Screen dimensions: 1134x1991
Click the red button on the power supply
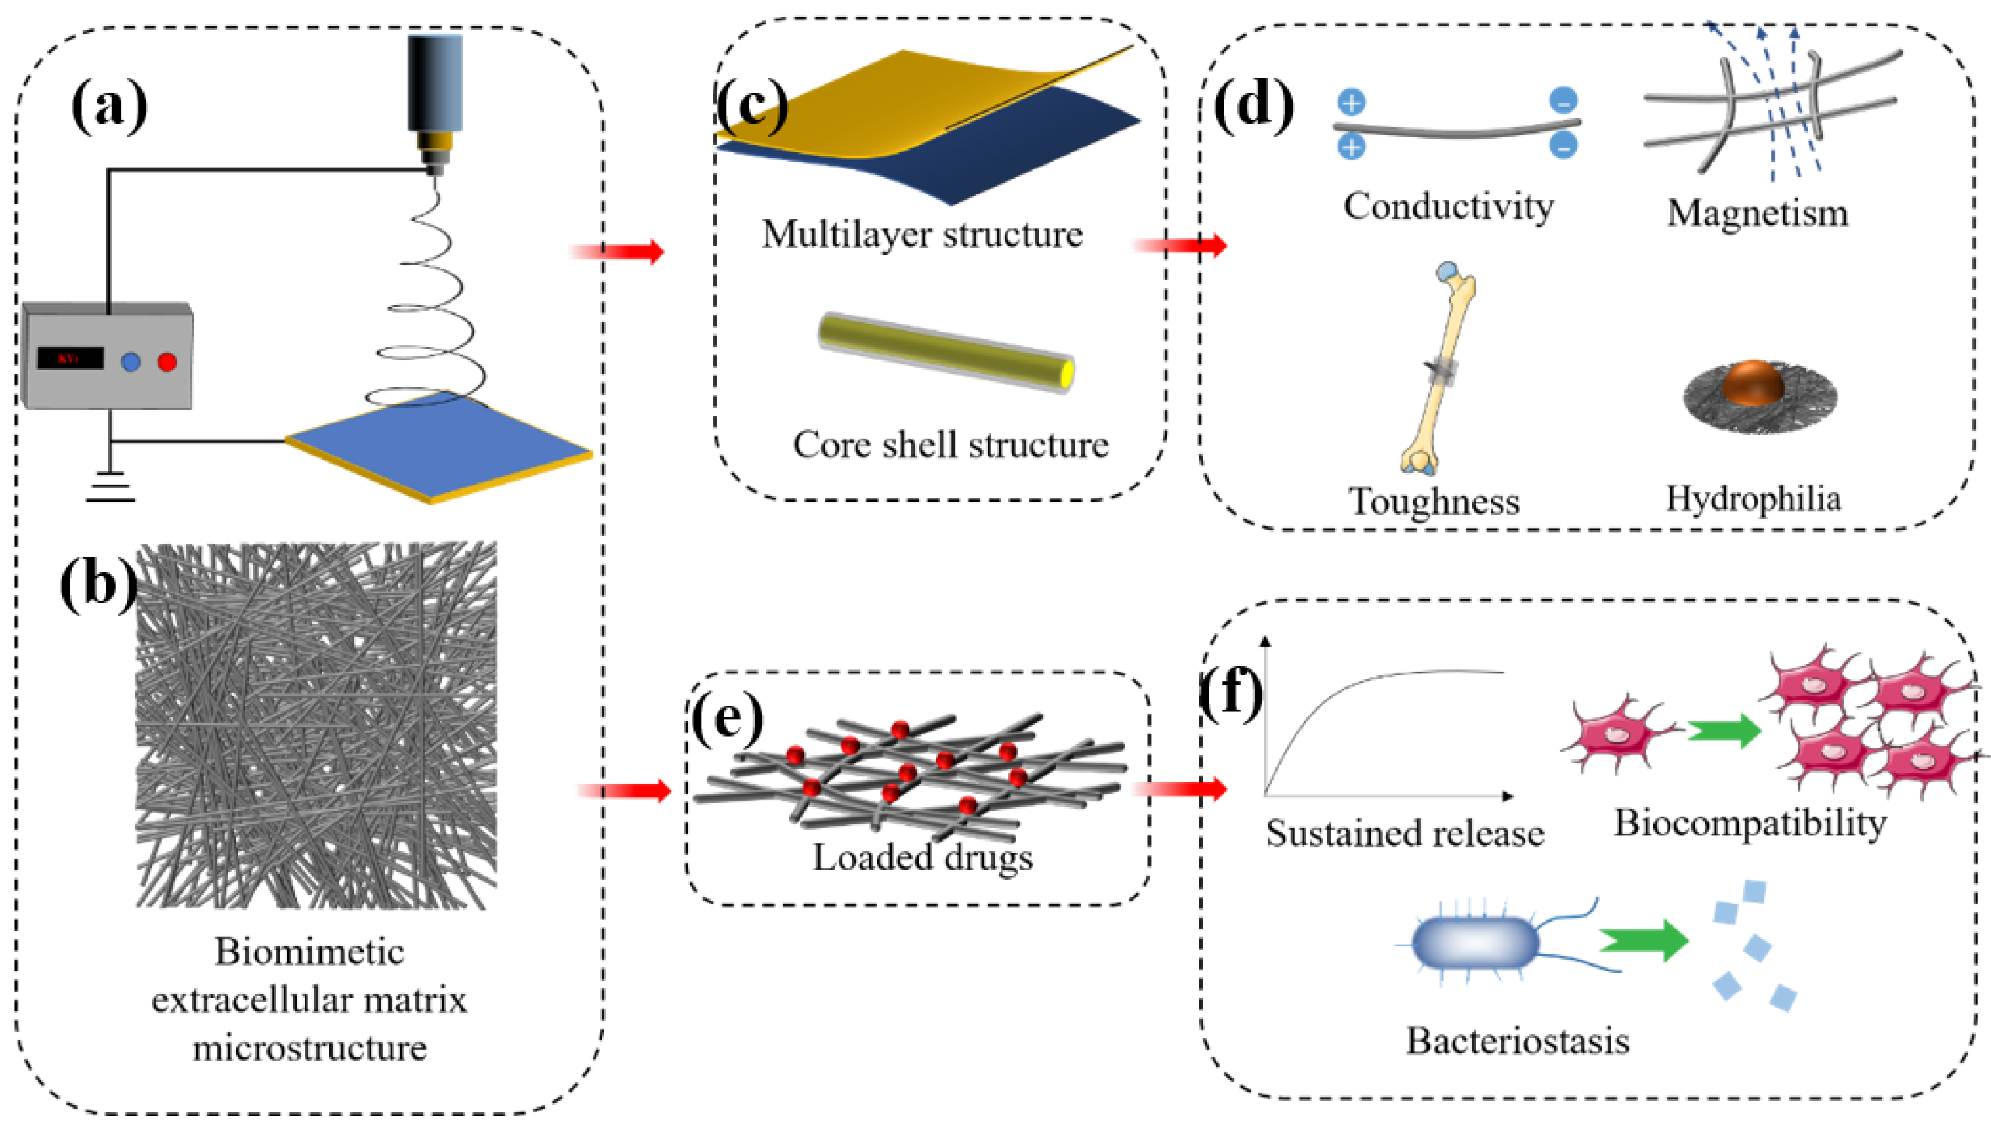coord(167,361)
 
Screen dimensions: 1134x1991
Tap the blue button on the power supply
coord(131,361)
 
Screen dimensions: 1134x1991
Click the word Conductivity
coord(1448,206)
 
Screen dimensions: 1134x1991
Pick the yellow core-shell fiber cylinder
coord(946,352)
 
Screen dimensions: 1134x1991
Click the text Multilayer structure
coord(922,233)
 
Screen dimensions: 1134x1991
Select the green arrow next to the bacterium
coord(1643,940)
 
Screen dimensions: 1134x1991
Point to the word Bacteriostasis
coord(1517,1041)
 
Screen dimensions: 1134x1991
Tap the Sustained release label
coord(1405,833)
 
